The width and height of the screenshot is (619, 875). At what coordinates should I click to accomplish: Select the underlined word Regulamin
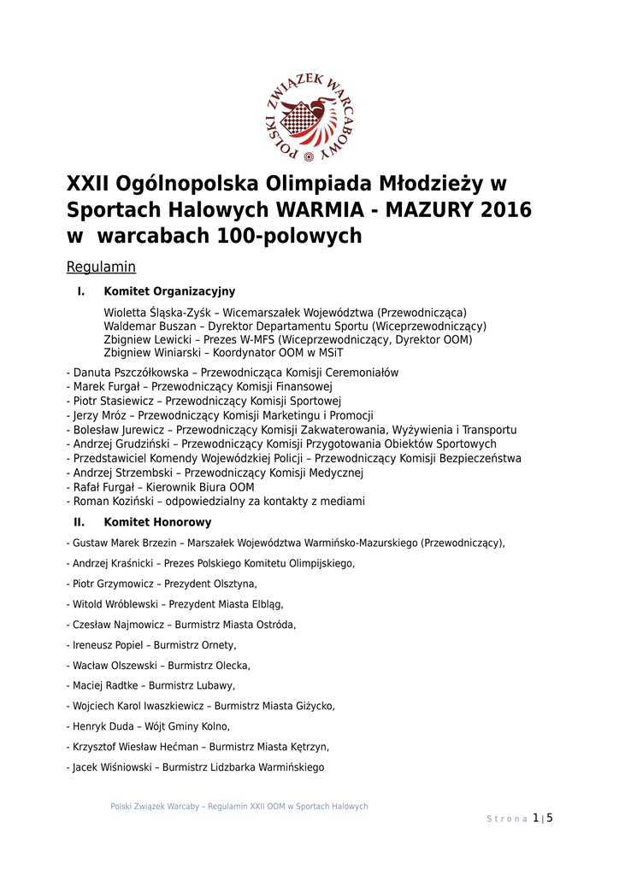click(101, 267)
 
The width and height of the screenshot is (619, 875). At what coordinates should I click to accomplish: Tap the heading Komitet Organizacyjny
click(169, 291)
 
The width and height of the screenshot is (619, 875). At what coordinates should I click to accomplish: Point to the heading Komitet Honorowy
click(157, 522)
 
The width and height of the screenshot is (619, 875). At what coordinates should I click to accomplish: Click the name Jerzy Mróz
click(102, 415)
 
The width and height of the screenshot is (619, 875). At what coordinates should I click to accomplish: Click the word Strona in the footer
click(507, 819)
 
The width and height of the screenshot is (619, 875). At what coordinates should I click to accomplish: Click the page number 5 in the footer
click(550, 818)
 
